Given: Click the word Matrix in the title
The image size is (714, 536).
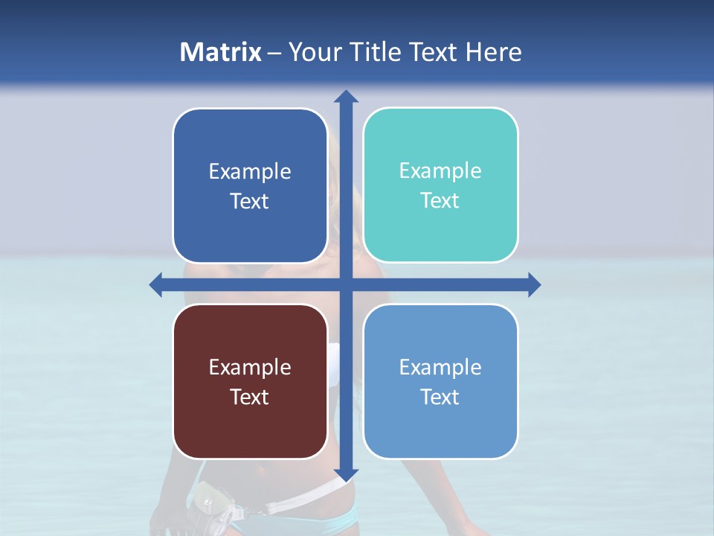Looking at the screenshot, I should [x=221, y=52].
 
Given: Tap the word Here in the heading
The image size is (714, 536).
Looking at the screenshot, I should [x=493, y=52].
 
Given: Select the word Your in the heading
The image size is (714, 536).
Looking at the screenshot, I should [x=312, y=52].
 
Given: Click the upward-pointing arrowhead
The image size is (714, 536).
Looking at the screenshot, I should [x=346, y=96].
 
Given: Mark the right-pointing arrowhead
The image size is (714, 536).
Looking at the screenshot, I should [x=534, y=284].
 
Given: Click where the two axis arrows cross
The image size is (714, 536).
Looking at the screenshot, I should [x=346, y=284].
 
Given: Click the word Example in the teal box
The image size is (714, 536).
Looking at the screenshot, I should [x=440, y=171].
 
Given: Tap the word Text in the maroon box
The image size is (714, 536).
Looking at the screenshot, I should [x=250, y=397].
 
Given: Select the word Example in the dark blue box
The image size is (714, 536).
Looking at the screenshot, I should [x=250, y=172].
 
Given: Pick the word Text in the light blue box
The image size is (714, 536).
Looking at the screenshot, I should [x=440, y=397].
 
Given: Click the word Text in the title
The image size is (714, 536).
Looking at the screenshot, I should [x=432, y=52].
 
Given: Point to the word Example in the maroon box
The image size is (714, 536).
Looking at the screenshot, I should [x=250, y=367].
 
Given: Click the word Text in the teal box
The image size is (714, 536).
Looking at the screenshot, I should [x=440, y=201].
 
